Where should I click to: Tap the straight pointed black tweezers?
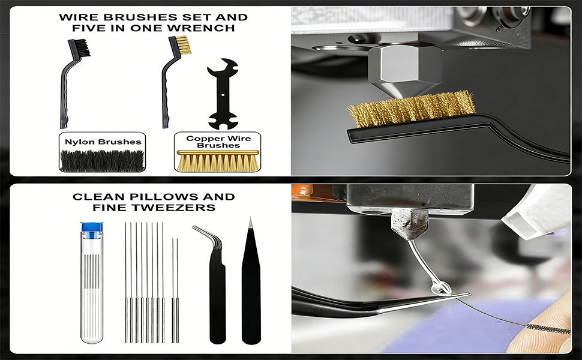coord(251,288)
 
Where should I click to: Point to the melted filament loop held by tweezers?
coord(443,289)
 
